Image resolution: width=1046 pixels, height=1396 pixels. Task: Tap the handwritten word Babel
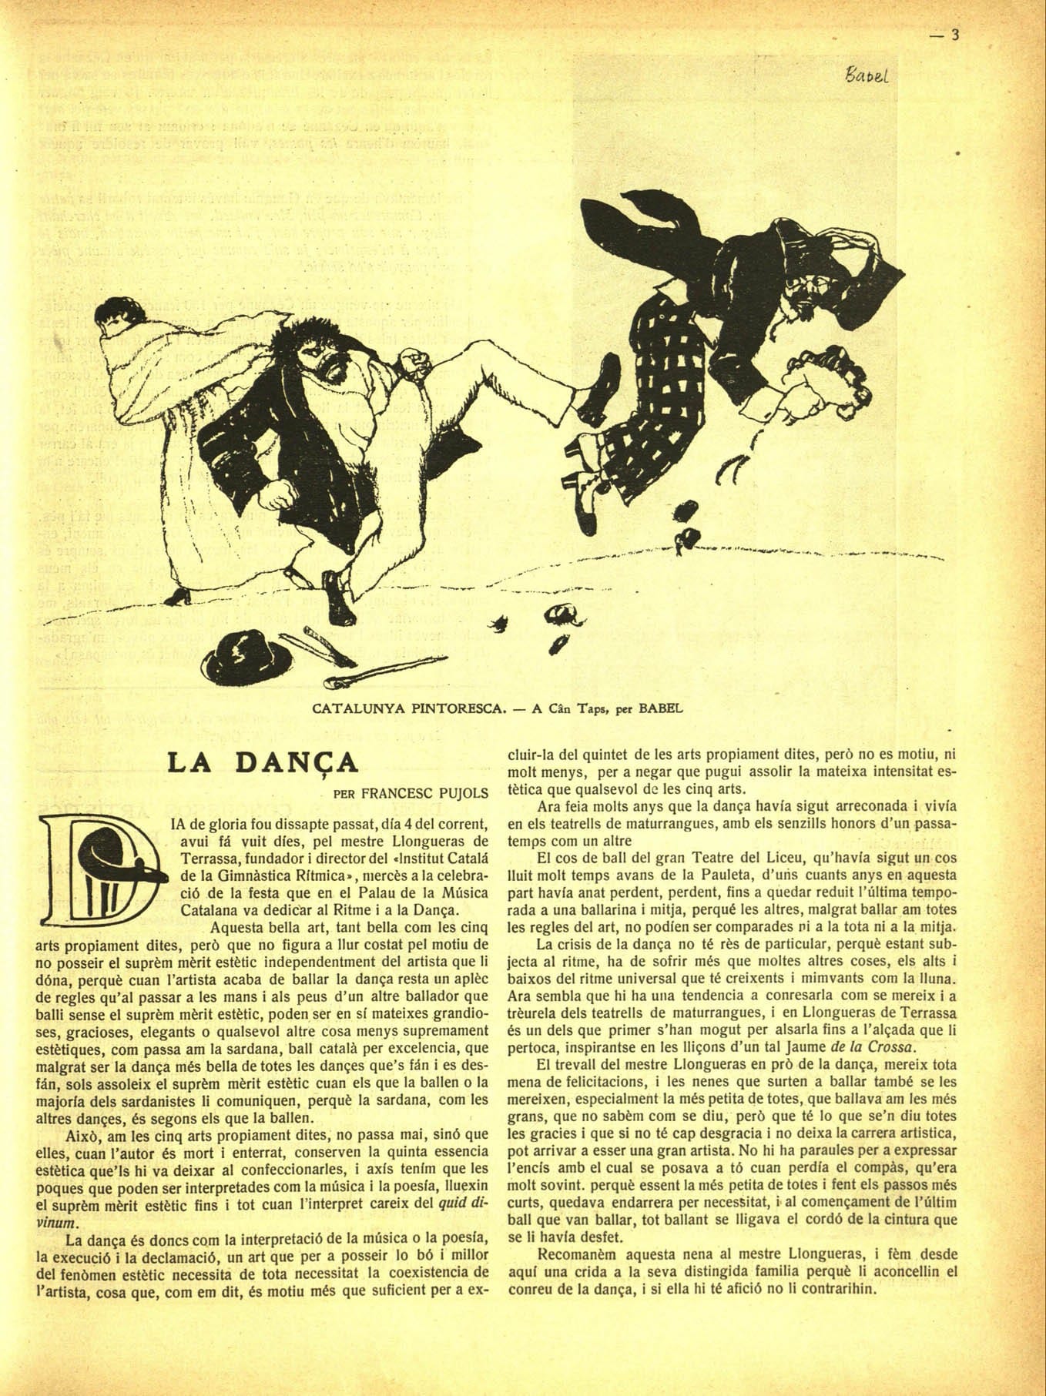[867, 75]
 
